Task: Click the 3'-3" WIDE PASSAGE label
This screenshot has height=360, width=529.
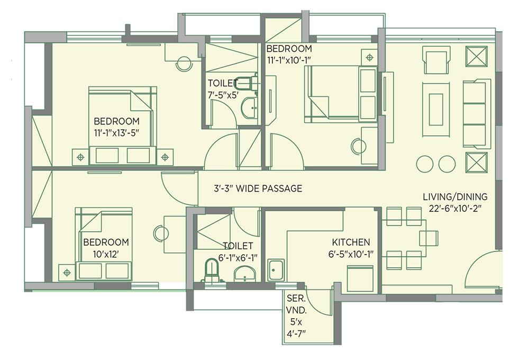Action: click(258, 188)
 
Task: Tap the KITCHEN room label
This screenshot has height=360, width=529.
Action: click(351, 242)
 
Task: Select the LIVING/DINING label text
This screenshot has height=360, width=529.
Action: click(455, 196)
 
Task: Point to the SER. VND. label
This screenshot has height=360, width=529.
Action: click(296, 304)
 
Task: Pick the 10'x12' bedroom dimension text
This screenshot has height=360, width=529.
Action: click(105, 254)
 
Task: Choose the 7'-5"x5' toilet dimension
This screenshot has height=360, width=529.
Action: click(223, 95)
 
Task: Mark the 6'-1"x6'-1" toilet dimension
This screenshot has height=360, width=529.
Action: click(238, 258)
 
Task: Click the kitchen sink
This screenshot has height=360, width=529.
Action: click(276, 270)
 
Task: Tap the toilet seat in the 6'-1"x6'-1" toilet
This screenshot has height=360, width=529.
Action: click(212, 269)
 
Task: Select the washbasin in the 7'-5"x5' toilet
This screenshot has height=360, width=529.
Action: click(249, 107)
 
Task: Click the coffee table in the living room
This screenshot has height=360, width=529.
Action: click(436, 110)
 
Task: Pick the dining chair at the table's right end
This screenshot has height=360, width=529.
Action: click(429, 238)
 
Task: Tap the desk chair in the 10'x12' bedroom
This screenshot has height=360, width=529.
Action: click(161, 233)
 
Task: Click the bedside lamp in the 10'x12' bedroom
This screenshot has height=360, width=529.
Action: click(67, 273)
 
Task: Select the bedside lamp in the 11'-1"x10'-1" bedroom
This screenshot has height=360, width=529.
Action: click(369, 57)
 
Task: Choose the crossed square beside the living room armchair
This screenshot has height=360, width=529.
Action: click(477, 57)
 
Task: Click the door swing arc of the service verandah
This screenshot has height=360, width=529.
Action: click(316, 303)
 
